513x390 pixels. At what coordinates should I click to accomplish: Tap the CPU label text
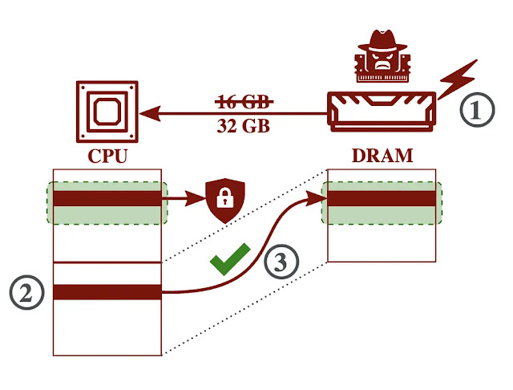[108, 154]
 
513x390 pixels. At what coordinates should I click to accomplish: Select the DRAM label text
[382, 154]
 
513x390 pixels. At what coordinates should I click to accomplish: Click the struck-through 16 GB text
[244, 102]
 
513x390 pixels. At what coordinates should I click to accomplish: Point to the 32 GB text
[244, 126]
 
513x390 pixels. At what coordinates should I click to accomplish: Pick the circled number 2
[26, 293]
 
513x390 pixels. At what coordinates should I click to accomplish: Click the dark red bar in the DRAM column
[382, 197]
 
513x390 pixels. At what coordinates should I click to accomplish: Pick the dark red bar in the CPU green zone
[107, 197]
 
